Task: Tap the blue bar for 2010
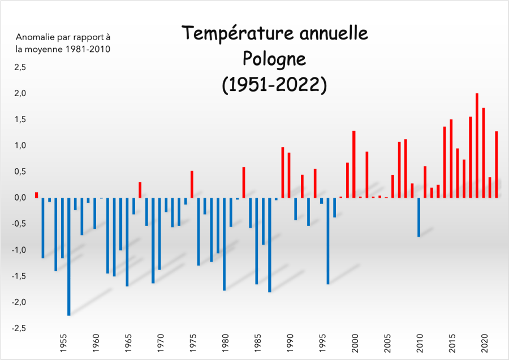[419, 217]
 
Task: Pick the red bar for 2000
[353, 164]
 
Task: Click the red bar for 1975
[192, 184]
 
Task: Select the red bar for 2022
[497, 164]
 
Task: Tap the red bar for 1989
[282, 172]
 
